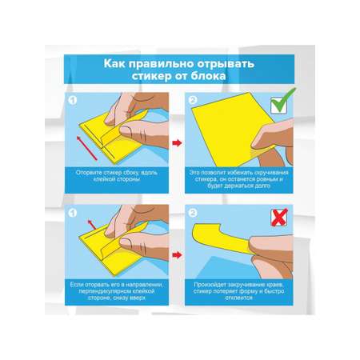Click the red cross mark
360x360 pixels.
[x=279, y=218]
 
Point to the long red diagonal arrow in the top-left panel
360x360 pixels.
[x=87, y=148]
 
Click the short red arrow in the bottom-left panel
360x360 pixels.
[x=92, y=225]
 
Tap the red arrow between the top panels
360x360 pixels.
[x=177, y=143]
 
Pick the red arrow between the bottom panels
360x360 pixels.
[x=177, y=255]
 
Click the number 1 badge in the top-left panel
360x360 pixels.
[x=73, y=100]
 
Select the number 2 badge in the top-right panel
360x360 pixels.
[x=193, y=100]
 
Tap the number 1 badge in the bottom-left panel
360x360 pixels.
[x=73, y=213]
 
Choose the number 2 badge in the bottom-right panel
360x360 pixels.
[x=193, y=213]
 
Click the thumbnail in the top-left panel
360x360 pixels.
[x=126, y=131]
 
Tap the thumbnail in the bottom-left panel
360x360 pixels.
[x=126, y=243]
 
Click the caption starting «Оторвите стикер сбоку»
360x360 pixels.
[x=117, y=176]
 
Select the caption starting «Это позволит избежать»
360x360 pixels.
[x=239, y=179]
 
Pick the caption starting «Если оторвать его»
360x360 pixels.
[x=117, y=291]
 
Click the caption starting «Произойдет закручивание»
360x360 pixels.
[x=239, y=291]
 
